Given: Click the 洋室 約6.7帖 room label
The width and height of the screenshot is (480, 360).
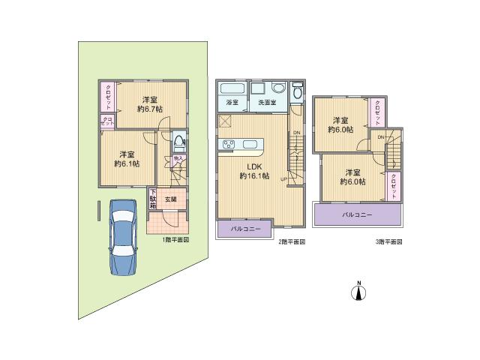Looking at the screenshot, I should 148,104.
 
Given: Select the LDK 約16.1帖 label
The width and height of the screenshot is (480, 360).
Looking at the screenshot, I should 251,170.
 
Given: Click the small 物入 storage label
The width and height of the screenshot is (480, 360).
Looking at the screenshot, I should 178,159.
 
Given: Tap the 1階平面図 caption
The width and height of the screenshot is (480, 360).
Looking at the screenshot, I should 176,241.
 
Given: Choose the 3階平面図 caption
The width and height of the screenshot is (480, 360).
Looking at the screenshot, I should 389,242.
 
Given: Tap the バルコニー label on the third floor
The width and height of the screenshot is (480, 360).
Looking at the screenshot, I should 358,215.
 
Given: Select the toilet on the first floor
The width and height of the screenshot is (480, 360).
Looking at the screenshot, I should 179,141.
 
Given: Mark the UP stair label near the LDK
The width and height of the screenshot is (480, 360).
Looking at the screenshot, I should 284,178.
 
